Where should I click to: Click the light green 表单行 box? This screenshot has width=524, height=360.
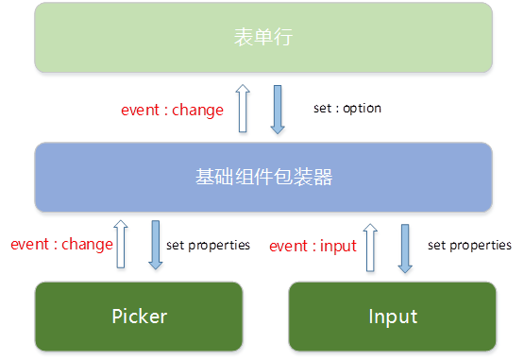pos(263,37)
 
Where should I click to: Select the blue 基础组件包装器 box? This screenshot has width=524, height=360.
pos(263,177)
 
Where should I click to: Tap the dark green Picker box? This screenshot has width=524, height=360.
pos(139,317)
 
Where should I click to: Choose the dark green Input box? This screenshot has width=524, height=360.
pos(393,317)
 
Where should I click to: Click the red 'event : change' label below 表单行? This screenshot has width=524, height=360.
pos(172,110)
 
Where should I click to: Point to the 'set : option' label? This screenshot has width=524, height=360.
pos(347,108)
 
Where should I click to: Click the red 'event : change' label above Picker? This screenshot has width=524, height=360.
pos(61,244)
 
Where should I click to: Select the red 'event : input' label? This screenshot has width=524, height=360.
pos(313,247)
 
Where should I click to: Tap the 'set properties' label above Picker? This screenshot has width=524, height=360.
pos(208,246)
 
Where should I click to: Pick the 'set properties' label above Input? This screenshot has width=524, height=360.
pos(469,246)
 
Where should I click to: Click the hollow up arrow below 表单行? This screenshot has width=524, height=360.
pos(243,108)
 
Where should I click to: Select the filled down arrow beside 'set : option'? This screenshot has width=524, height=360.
pos(278,110)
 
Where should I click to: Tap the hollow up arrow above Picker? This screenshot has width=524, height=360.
pos(121,244)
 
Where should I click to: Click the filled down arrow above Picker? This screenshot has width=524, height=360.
pos(156,245)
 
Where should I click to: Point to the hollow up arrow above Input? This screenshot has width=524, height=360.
pos(370,248)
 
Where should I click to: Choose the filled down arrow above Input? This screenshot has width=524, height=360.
pos(405,249)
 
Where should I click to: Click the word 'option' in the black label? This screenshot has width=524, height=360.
pos(363,109)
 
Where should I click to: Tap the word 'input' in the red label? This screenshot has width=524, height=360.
pos(338,247)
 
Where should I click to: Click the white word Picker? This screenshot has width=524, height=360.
pos(140,317)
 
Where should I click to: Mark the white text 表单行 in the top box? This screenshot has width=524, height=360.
pos(263,37)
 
